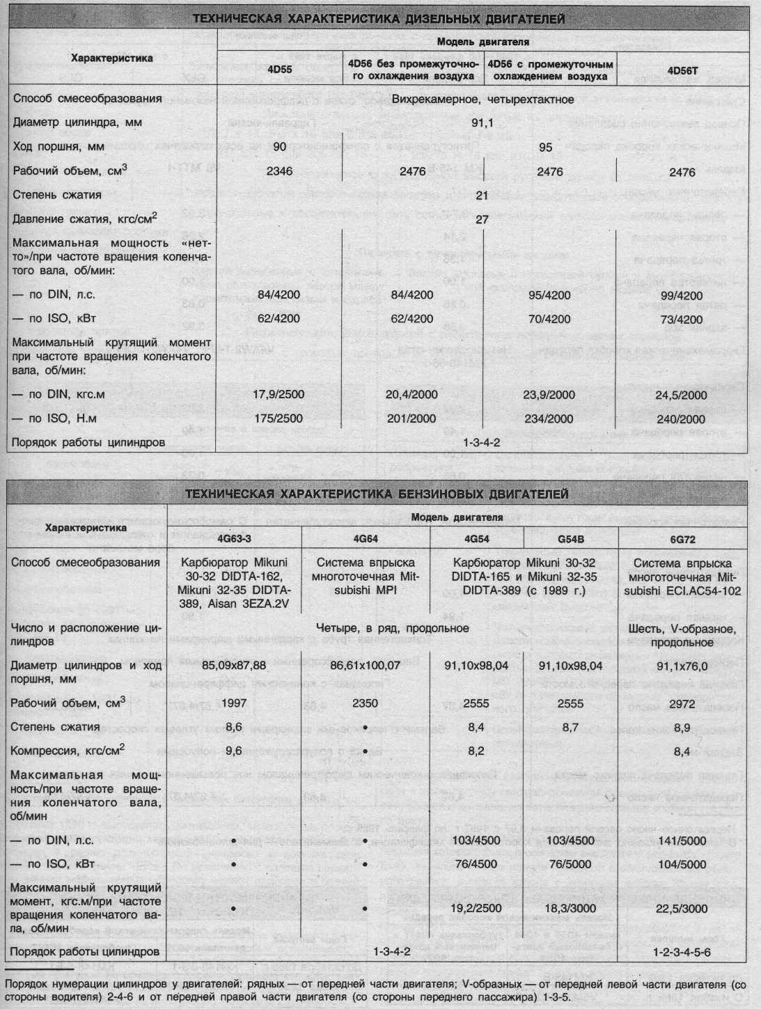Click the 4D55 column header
click(x=278, y=70)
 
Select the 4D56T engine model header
click(x=687, y=70)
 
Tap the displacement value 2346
click(x=278, y=171)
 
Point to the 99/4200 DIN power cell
click(x=682, y=295)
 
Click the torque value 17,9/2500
click(x=278, y=394)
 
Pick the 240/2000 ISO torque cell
click(x=682, y=419)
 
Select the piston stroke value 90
click(x=279, y=147)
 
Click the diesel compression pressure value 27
click(x=482, y=219)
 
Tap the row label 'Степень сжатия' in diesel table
click(x=57, y=195)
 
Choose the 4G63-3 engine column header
click(x=235, y=539)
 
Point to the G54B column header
click(x=570, y=539)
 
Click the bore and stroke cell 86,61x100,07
click(x=365, y=665)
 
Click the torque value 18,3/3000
click(x=570, y=909)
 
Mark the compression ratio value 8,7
click(x=570, y=727)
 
